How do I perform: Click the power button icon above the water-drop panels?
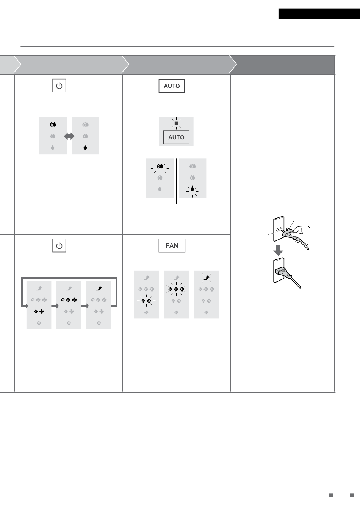pyautogui.click(x=59, y=86)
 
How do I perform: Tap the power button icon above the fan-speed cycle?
pyautogui.click(x=59, y=245)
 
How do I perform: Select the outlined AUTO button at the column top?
pyautogui.click(x=172, y=86)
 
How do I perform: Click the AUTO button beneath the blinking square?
pyautogui.click(x=176, y=137)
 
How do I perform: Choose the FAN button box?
pyautogui.click(x=172, y=245)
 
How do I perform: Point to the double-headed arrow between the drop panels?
pyautogui.click(x=69, y=136)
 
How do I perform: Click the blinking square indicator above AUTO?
pyautogui.click(x=176, y=123)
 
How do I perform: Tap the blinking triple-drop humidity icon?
pyautogui.click(x=160, y=166)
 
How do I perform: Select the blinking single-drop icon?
pyautogui.click(x=193, y=189)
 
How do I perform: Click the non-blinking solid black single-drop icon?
pyautogui.click(x=85, y=148)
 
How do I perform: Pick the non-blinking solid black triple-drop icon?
pyautogui.click(x=53, y=125)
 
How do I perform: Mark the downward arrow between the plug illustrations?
pyautogui.click(x=278, y=250)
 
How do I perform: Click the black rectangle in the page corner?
pyautogui.click(x=319, y=14)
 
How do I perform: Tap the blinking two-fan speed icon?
pyautogui.click(x=146, y=301)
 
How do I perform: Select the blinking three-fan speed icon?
pyautogui.click(x=176, y=289)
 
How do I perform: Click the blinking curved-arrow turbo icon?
pyautogui.click(x=207, y=278)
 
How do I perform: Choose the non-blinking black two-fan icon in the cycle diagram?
pyautogui.click(x=39, y=312)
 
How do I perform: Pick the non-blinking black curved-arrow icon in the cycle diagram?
pyautogui.click(x=99, y=288)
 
